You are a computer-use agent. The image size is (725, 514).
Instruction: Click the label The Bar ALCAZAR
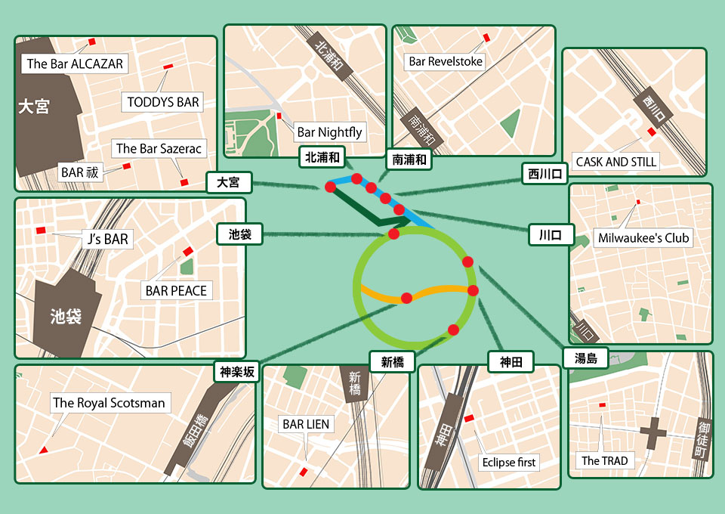click(x=74, y=64)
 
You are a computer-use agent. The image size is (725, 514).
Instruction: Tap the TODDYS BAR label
click(x=163, y=102)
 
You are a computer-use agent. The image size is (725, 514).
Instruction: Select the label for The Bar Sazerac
click(x=159, y=149)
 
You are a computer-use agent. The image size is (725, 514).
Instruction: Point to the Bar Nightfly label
click(x=329, y=132)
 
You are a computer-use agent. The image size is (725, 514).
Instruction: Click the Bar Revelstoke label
click(x=445, y=61)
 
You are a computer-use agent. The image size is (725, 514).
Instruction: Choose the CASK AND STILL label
click(x=616, y=161)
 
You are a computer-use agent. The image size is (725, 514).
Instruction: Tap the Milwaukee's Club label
click(x=643, y=237)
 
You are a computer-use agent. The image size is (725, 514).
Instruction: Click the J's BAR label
click(x=107, y=240)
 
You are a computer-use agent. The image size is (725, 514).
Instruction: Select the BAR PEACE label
click(x=176, y=290)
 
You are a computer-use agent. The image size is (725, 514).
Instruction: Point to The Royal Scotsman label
click(x=109, y=403)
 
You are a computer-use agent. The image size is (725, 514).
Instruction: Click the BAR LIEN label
click(x=306, y=424)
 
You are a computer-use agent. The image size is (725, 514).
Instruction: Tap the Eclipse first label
click(x=508, y=462)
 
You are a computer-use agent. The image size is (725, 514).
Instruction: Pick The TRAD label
click(x=604, y=460)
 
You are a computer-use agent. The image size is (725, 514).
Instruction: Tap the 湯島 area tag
click(x=586, y=358)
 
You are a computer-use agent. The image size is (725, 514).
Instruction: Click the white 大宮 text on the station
click(x=34, y=107)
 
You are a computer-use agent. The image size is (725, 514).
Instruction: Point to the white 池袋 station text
click(x=65, y=316)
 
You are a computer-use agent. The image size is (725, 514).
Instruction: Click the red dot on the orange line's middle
click(x=406, y=298)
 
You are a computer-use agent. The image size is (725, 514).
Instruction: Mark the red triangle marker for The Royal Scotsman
click(x=44, y=451)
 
